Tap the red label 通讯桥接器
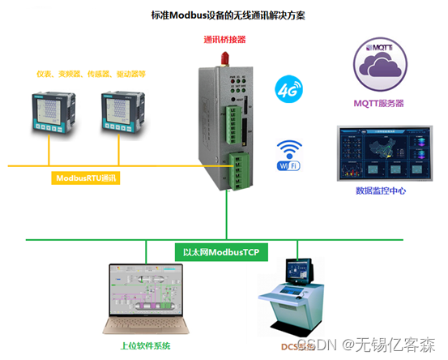tap(224, 38)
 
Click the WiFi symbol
tap(288, 154)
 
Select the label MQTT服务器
tap(379, 104)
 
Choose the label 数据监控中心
tap(380, 191)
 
